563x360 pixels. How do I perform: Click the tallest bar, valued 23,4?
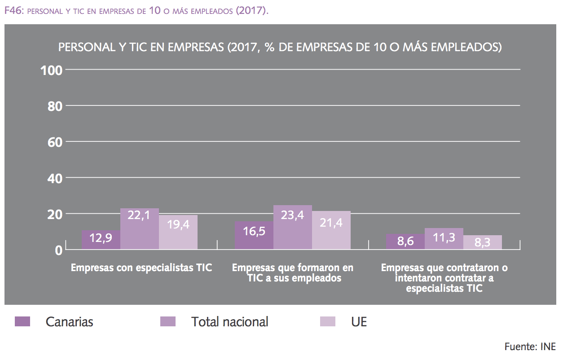coord(293,227)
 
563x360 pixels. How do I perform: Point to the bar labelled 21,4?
coord(331,230)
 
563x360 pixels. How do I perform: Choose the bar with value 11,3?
coord(444,239)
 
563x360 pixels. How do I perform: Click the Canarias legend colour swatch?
coord(22,321)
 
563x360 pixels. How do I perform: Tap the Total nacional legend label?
coord(229,321)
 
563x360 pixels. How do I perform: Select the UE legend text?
coord(359,321)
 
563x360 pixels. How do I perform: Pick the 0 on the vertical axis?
coord(59,250)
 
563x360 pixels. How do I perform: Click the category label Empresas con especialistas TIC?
coord(141,268)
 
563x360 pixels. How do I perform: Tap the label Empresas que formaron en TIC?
coord(293,272)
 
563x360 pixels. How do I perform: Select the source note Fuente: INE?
coord(530,347)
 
